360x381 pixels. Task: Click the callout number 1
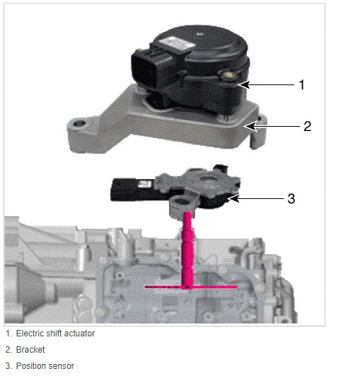pyautogui.click(x=301, y=85)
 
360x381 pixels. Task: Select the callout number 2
pyautogui.click(x=308, y=126)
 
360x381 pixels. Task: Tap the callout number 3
pyautogui.click(x=291, y=198)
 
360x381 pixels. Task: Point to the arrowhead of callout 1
pyautogui.click(x=244, y=84)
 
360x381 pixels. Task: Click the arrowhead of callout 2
pyautogui.click(x=250, y=126)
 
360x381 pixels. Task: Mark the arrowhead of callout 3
pyautogui.click(x=233, y=198)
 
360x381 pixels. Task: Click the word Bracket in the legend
pyautogui.click(x=30, y=350)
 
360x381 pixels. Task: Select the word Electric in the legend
pyautogui.click(x=30, y=334)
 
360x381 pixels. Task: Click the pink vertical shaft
pyautogui.click(x=187, y=250)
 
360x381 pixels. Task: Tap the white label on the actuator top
pyautogui.click(x=177, y=44)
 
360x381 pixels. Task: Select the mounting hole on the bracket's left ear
pyautogui.click(x=79, y=123)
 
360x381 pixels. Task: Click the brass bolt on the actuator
pyautogui.click(x=228, y=74)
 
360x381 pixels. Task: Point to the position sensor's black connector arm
pyautogui.click(x=131, y=190)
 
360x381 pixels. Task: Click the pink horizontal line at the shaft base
pyautogui.click(x=191, y=288)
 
